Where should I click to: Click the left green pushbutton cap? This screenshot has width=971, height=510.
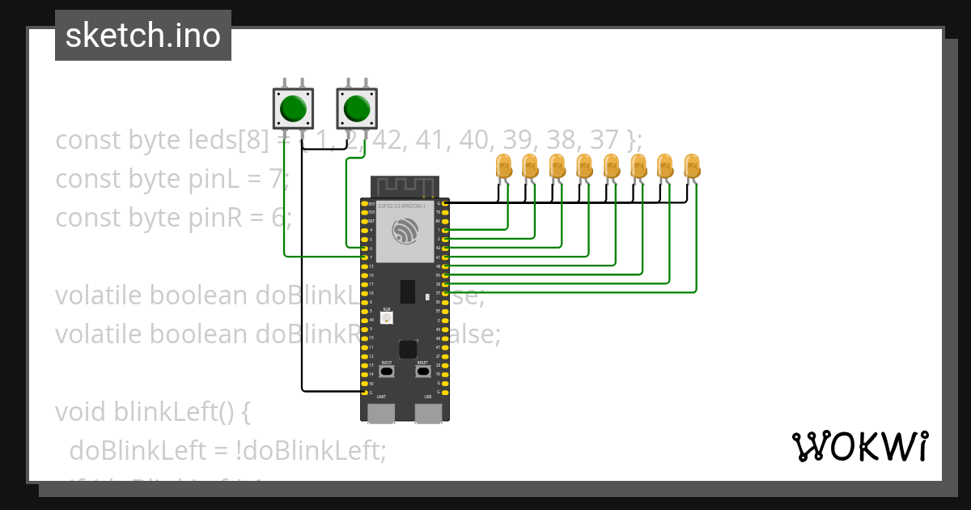293,108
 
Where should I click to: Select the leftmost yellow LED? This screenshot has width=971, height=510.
503,167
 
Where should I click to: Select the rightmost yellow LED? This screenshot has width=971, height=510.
692,167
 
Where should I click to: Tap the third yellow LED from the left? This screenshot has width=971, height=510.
558,167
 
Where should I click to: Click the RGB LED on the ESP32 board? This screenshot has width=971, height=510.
387,317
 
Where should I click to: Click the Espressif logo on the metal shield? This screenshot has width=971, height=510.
404,232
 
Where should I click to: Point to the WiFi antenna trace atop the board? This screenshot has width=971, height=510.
405,186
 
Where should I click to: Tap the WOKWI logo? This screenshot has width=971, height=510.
859,446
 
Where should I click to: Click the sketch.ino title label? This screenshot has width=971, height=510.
143,36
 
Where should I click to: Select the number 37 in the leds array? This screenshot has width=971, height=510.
604,140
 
